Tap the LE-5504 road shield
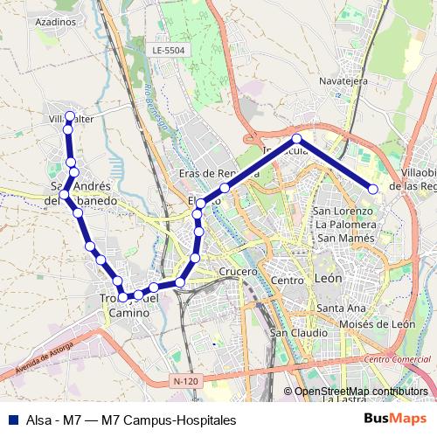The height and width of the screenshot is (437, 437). pos(169,52)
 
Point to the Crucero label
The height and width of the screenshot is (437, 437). pos(239,272)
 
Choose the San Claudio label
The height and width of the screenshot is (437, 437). pos(299,332)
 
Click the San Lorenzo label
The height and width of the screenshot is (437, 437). pos(344,211)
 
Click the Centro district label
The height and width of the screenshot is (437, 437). pos(287,281)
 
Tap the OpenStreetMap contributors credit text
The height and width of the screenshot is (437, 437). pos(360,392)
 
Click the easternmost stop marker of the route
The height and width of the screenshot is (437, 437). pos(373,189)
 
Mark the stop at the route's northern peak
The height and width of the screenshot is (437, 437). pos(297,139)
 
